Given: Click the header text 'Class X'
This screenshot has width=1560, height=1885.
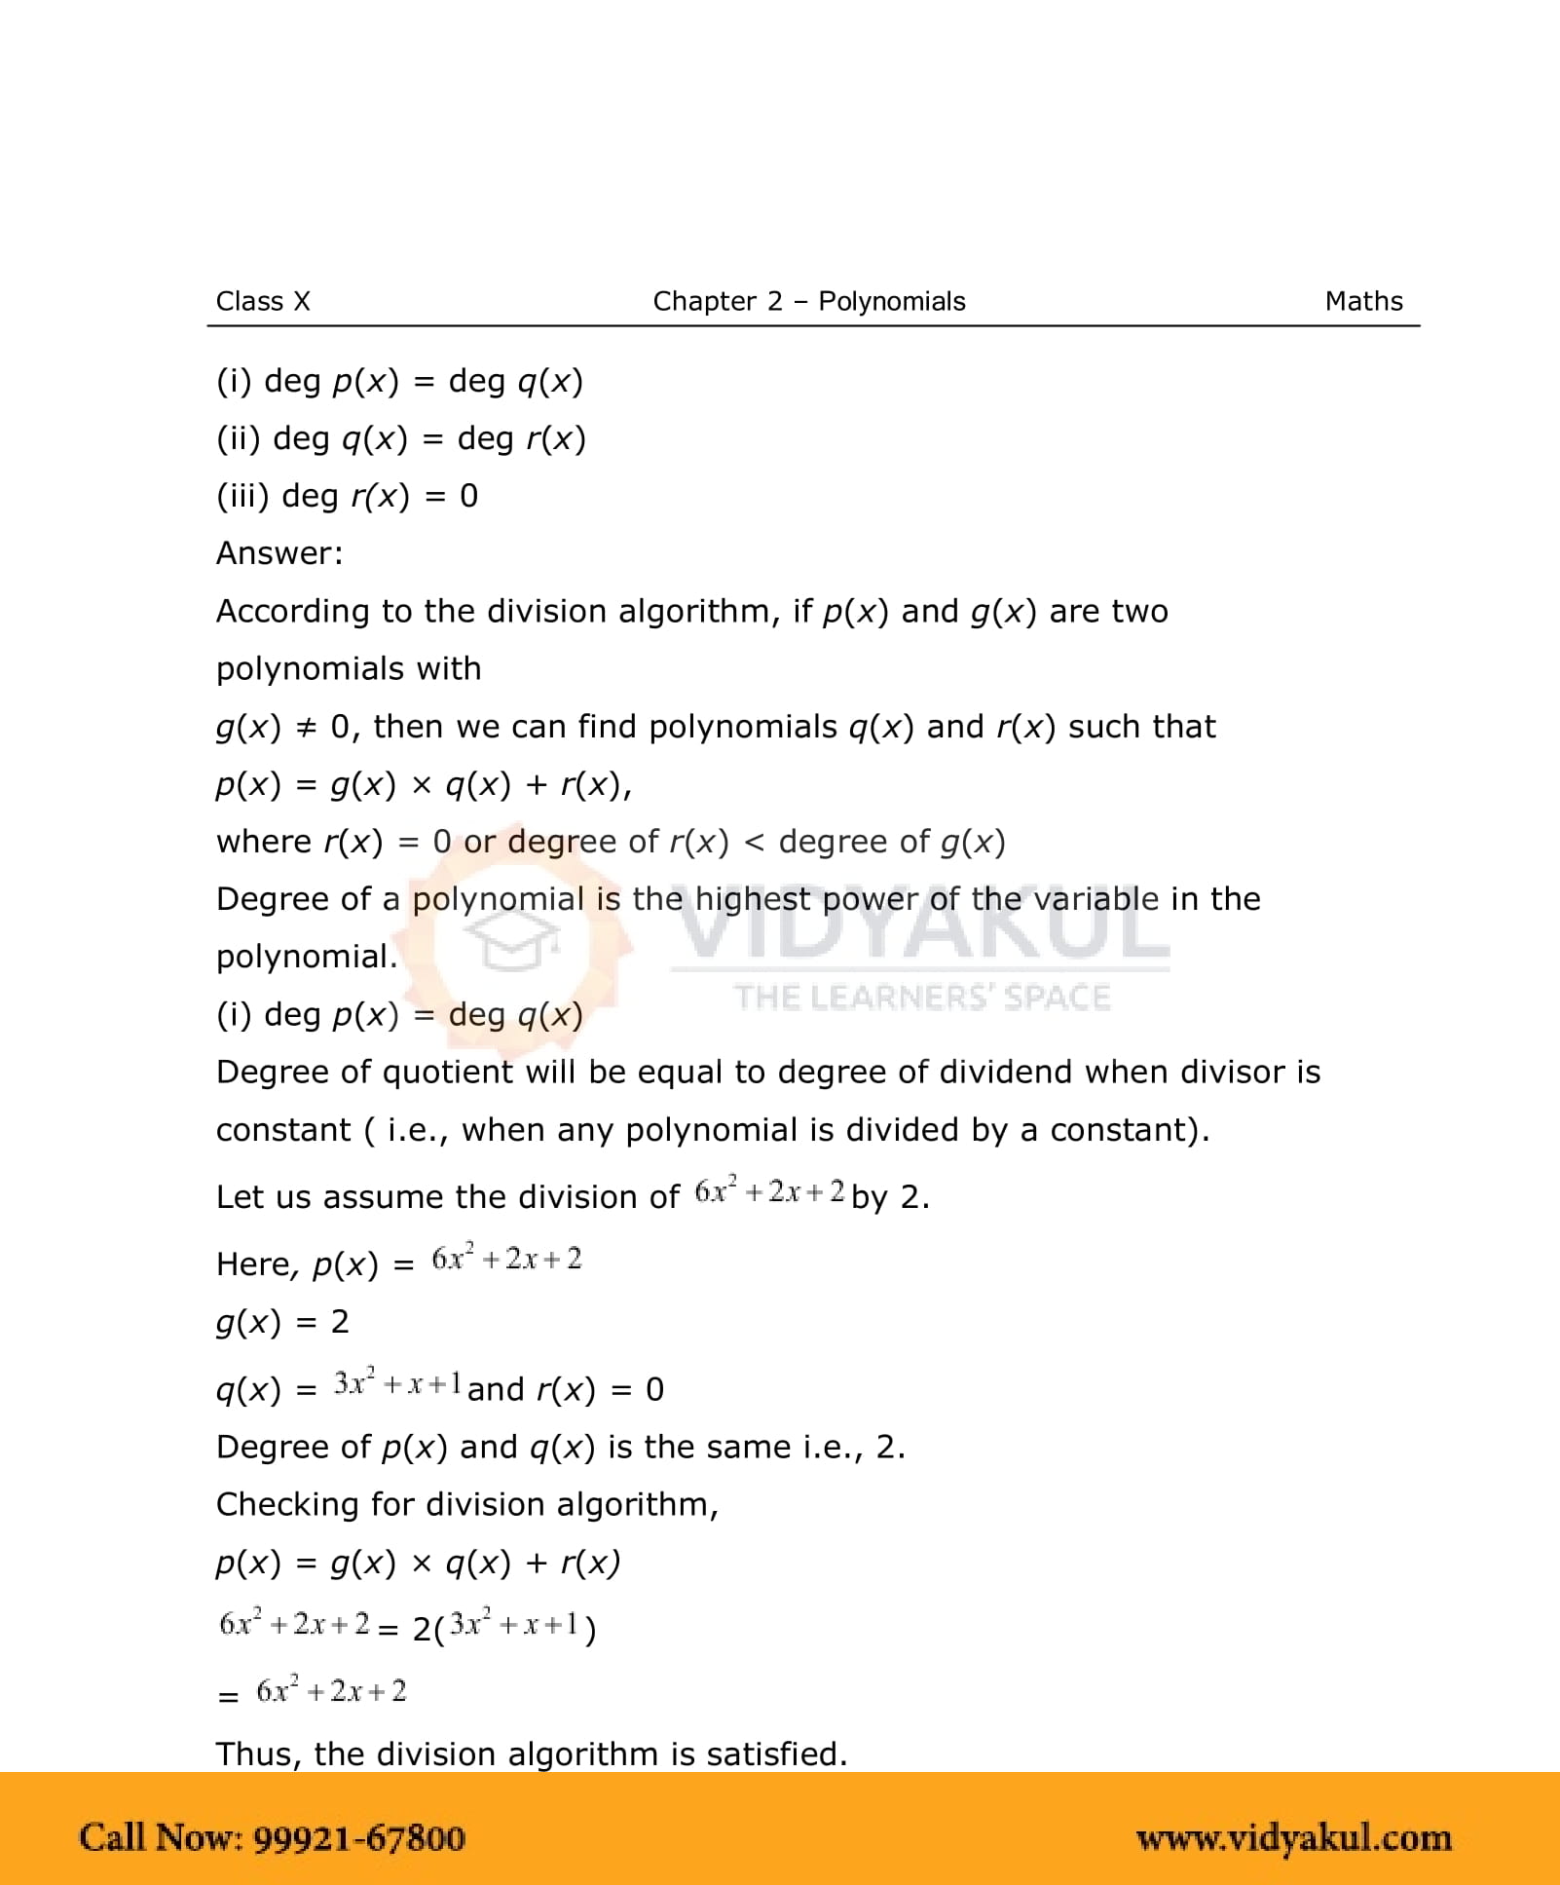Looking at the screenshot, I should click(263, 301).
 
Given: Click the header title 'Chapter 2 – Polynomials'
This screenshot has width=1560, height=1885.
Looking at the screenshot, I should click(808, 301).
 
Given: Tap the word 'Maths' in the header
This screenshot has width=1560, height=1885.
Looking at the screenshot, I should click(1363, 301).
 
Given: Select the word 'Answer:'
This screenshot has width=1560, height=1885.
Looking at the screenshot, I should click(279, 553).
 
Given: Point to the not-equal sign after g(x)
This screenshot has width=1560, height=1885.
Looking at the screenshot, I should click(306, 727).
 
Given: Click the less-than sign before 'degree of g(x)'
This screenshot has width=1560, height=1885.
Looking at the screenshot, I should click(754, 842).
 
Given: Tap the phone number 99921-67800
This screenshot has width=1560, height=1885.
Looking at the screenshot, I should click(359, 1837).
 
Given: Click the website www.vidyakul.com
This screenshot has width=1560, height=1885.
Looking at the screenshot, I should click(1293, 1837).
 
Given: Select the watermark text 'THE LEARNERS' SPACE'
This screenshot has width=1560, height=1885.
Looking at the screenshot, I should click(922, 998).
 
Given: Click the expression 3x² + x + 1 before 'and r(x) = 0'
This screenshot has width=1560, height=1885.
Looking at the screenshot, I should click(397, 1383).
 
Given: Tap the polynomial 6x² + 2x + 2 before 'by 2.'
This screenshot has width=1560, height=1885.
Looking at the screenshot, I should click(769, 1191).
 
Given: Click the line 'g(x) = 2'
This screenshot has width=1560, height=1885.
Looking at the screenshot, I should click(282, 1322).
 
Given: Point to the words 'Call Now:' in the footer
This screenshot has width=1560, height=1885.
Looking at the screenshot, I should click(161, 1837).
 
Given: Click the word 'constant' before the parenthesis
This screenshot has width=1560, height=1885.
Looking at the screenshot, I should click(282, 1130).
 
